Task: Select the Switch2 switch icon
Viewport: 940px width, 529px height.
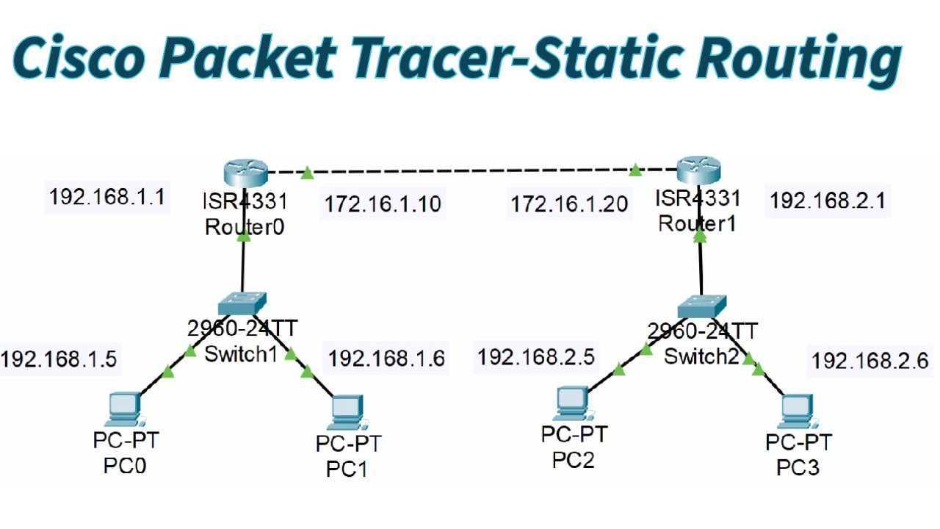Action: (x=701, y=304)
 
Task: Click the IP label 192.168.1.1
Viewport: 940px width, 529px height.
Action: (x=106, y=198)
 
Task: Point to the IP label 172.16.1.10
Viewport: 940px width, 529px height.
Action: (x=383, y=204)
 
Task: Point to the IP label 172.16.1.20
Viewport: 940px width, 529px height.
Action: (x=570, y=204)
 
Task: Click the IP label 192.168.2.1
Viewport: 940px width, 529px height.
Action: (x=828, y=201)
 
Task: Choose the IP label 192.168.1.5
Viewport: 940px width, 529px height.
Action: (x=59, y=359)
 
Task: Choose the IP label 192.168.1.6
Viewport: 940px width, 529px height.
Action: (x=386, y=359)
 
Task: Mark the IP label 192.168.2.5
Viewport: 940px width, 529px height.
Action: (x=535, y=358)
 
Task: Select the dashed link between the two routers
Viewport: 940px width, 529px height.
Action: (x=470, y=172)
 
